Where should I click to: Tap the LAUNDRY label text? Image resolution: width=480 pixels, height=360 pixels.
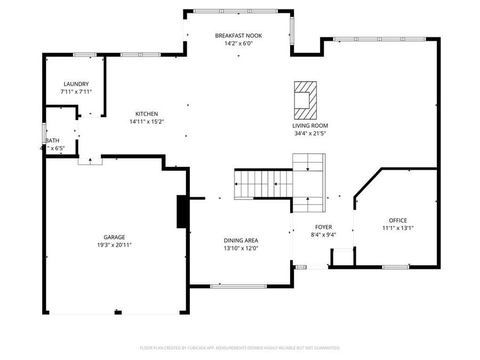(76, 84)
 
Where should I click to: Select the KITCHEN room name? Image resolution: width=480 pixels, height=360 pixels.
(146, 114)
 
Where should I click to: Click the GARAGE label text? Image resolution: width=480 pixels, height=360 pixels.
(114, 237)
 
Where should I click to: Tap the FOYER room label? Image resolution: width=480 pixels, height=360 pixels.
(323, 227)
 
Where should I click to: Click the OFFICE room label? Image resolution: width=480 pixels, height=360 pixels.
(398, 220)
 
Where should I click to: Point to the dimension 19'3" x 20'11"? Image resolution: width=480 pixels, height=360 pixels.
(114, 245)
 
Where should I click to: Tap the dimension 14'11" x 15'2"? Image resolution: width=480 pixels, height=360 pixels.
(146, 121)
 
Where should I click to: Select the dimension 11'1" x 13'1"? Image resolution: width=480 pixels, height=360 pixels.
(398, 228)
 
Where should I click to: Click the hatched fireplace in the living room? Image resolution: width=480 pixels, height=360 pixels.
(306, 100)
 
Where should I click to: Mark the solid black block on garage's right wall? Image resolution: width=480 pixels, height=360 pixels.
(182, 212)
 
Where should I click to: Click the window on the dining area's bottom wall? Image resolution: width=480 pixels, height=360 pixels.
(238, 286)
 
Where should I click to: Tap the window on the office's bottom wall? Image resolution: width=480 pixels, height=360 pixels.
(396, 267)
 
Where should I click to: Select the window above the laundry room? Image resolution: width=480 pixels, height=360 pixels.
(84, 54)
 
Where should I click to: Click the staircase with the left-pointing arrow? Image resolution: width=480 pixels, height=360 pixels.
(263, 184)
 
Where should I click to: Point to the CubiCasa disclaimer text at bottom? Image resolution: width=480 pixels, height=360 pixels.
(239, 348)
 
